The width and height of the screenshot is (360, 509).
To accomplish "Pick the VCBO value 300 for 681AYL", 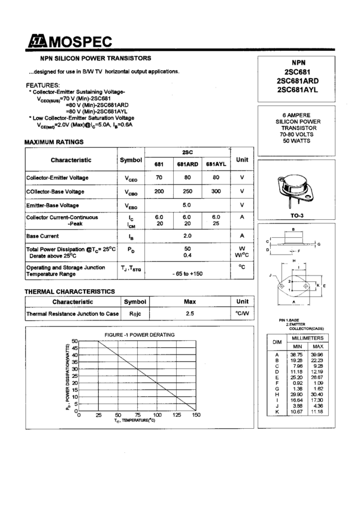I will click(x=216, y=192).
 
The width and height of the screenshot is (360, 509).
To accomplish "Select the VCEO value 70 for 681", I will click(x=159, y=178).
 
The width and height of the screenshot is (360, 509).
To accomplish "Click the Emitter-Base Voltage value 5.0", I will click(x=187, y=205).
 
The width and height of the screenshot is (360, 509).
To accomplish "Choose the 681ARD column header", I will click(x=187, y=164).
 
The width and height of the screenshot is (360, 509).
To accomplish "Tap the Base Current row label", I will click(x=42, y=236).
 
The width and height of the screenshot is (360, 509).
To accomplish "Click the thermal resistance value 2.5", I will click(x=190, y=313).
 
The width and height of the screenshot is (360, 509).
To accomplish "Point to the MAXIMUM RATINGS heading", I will click(x=54, y=142).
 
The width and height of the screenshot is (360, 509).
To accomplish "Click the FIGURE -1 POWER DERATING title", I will click(x=140, y=334).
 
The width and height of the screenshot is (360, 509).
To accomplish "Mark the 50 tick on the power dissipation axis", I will click(x=75, y=341).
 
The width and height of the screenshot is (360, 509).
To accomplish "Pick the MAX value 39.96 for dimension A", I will click(x=317, y=355).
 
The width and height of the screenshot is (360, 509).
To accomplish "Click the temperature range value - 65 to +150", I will click(x=187, y=273).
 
